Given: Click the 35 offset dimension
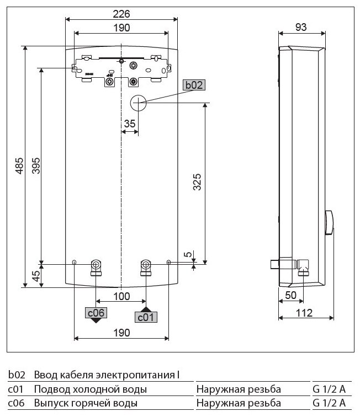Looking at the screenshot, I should (129, 124).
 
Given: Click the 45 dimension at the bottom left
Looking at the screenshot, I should (36, 275).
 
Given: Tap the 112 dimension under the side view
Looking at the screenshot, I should (304, 313).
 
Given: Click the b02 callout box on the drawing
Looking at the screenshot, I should (194, 85).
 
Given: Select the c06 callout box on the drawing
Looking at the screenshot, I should (96, 313).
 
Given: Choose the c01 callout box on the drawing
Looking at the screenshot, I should (145, 317).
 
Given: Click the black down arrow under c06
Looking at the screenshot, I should (96, 322).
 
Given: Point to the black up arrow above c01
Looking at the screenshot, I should (145, 309).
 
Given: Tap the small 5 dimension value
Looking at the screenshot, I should (188, 255).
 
